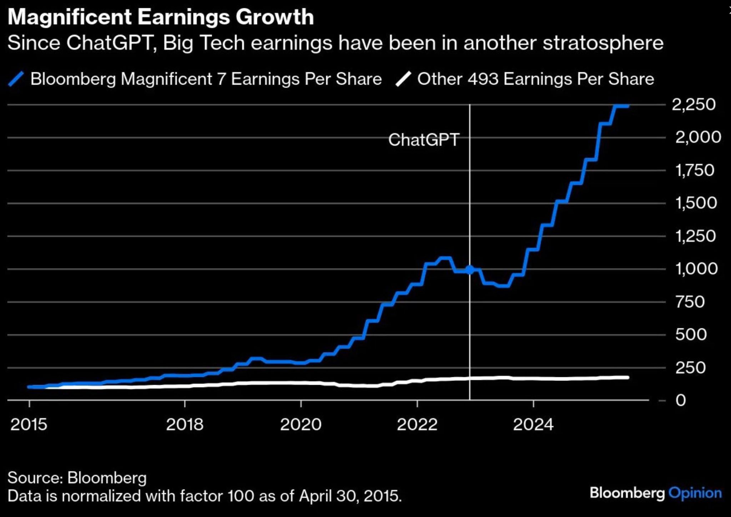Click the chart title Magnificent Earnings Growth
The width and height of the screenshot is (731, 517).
pos(161,17)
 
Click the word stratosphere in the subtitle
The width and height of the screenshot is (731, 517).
pos(603,43)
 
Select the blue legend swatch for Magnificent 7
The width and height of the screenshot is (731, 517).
pos(16,79)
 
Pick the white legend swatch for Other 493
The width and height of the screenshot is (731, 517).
pos(403,79)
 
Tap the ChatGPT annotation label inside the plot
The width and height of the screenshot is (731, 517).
pos(424,140)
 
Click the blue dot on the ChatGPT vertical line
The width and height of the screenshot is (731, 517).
pos(470,270)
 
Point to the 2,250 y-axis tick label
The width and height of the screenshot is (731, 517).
pos(694,104)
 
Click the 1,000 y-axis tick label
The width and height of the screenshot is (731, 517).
pos(696,269)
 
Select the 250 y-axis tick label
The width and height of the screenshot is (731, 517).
pos(690,368)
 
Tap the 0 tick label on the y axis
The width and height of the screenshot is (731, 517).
pos(680,400)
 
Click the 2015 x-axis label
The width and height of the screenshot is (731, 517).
pos(29,424)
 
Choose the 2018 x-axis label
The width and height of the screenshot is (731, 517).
pos(185,424)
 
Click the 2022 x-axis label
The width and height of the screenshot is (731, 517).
pos(417,424)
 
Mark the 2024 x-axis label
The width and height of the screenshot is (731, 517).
pos(533,424)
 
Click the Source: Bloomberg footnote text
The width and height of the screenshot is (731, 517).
pos(77,478)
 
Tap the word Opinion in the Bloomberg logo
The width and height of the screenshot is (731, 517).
pos(695,493)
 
